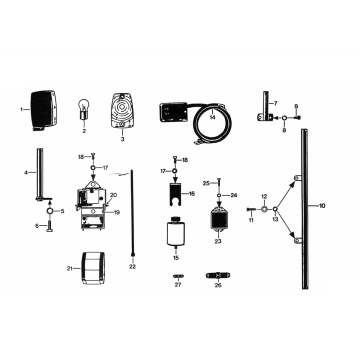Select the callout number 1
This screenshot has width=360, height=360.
click(x=21, y=106)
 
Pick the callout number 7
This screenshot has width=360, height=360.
click(x=275, y=103)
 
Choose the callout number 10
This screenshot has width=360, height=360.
click(x=321, y=204)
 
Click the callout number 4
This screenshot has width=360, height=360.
click(x=27, y=173)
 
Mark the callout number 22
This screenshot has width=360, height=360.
click(x=132, y=266)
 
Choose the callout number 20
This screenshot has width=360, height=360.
click(x=114, y=195)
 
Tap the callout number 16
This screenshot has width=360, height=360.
click(x=192, y=195)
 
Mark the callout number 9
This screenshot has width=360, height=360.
click(x=295, y=106)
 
